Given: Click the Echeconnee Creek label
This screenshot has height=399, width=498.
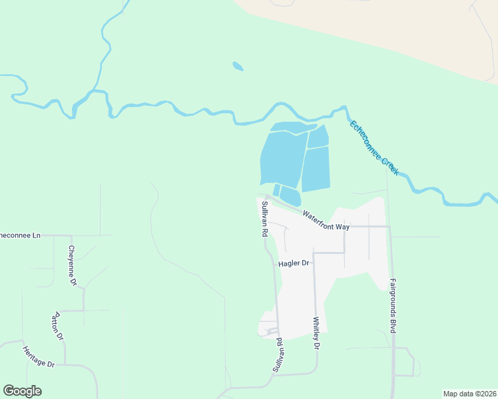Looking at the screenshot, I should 374,148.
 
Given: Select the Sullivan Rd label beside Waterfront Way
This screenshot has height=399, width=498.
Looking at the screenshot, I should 264,219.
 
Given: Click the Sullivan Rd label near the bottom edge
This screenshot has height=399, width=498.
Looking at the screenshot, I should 282,355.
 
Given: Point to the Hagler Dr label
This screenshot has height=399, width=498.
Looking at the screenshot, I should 294,263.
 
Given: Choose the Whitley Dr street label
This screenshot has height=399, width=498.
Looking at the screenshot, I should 316,333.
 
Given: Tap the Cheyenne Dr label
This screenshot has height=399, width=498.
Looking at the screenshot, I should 73,266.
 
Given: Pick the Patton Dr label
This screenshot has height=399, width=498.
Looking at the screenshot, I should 59,326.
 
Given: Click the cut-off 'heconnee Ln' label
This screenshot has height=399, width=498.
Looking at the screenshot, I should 20,235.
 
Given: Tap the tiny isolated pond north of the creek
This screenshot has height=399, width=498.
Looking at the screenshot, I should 238,66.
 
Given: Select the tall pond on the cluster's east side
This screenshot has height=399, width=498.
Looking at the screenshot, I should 316,169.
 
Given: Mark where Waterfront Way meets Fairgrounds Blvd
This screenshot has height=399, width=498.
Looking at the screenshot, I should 389,227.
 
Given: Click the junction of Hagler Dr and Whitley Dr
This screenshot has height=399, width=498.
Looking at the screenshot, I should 314,253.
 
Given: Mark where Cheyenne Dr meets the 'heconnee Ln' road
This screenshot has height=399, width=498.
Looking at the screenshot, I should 71,235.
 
